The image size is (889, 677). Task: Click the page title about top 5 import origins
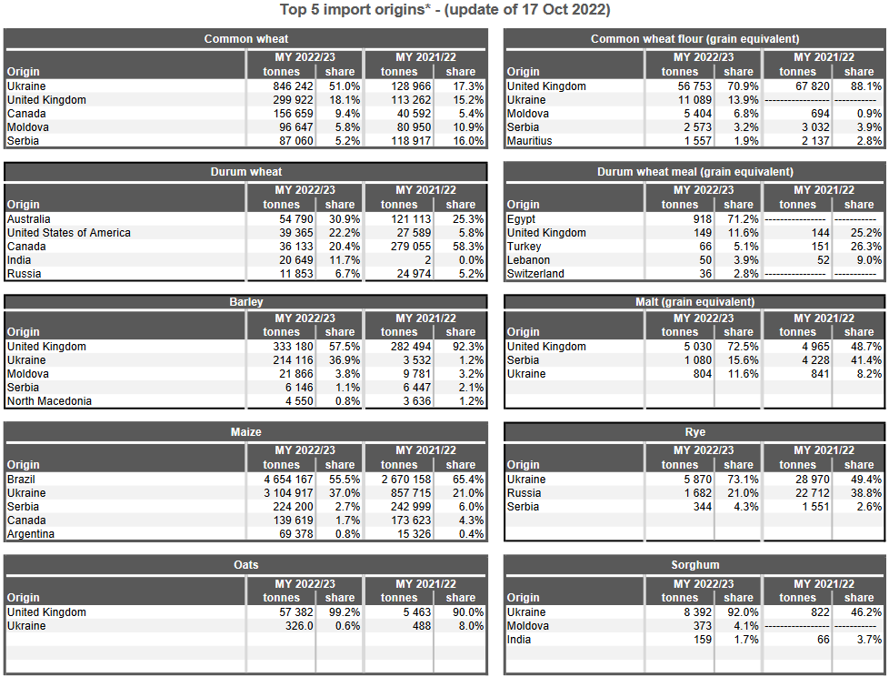tap(444, 10)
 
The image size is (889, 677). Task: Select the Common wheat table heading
tap(246, 39)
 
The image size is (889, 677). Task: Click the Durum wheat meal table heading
tap(695, 172)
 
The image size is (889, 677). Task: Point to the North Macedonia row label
tap(49, 401)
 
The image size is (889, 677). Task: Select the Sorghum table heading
tap(695, 565)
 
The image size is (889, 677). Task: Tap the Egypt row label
tap(522, 219)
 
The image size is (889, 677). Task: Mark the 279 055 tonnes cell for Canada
tap(400, 247)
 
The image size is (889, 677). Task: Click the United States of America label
tap(69, 233)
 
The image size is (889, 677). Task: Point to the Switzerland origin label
tap(535, 274)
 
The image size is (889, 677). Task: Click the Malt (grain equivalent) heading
tap(695, 302)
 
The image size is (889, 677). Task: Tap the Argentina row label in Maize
tap(32, 534)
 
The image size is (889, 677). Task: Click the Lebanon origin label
tap(528, 260)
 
